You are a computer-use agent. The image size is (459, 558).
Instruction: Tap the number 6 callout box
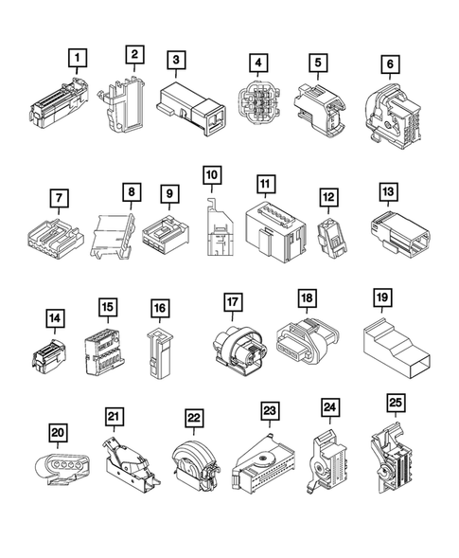click(x=389, y=65)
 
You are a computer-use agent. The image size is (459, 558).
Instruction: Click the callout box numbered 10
click(x=211, y=175)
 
